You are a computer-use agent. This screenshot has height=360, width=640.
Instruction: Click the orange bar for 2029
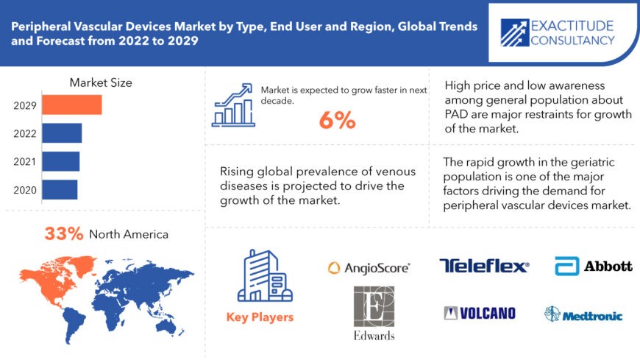(x=71, y=105)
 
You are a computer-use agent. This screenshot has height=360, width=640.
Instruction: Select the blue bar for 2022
(x=62, y=133)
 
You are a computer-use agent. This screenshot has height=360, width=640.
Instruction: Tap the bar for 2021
(x=60, y=161)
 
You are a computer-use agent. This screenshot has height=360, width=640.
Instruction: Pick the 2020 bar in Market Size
(x=60, y=189)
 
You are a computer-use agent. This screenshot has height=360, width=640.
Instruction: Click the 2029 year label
(x=25, y=105)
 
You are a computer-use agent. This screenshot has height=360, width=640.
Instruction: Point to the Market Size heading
(x=101, y=82)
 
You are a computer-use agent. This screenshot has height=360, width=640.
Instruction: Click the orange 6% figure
(x=337, y=121)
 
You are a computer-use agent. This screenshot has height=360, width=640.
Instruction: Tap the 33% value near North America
(x=64, y=234)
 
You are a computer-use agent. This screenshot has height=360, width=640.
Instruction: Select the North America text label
(x=129, y=235)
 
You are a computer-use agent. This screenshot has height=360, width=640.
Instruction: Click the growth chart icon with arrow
(x=234, y=104)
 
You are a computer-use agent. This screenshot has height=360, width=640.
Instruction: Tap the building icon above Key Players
(x=259, y=276)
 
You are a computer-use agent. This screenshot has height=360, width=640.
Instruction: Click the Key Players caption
(x=259, y=317)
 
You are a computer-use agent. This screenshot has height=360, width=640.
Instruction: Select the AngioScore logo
(x=369, y=269)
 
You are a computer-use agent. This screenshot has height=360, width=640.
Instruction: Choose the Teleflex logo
(x=484, y=266)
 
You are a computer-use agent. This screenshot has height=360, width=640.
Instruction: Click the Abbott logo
(x=594, y=266)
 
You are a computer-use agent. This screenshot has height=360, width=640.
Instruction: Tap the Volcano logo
(x=480, y=314)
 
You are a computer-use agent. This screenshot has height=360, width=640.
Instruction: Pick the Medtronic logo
(x=583, y=315)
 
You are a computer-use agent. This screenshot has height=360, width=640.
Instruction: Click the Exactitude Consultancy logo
(x=557, y=32)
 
